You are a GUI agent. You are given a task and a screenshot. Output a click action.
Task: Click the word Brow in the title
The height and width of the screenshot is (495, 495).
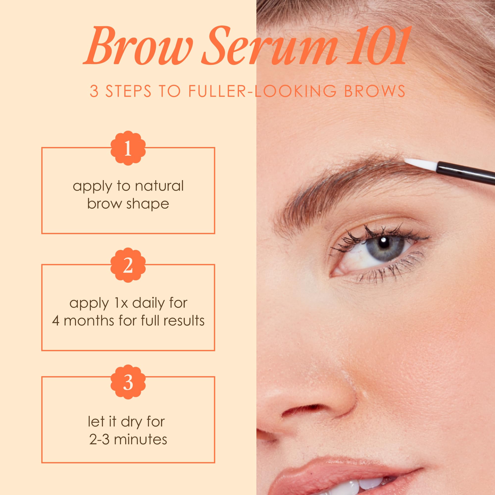(138, 46)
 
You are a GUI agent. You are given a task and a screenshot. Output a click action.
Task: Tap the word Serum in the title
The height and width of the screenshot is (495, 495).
(269, 46)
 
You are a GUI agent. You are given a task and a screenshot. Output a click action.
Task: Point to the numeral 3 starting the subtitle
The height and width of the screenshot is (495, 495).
(94, 91)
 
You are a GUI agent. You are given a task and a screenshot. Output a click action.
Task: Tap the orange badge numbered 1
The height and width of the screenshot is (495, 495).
(128, 148)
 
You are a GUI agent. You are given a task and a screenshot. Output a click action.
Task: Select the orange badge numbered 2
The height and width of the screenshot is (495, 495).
(128, 265)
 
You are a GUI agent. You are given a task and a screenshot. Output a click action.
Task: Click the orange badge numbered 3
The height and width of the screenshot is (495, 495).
(128, 382)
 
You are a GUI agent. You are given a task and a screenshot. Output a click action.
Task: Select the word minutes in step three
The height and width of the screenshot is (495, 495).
(140, 440)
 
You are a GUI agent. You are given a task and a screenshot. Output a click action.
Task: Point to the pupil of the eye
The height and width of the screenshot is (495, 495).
(383, 243)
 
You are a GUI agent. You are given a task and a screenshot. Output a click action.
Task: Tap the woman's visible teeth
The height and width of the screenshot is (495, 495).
(359, 488)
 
